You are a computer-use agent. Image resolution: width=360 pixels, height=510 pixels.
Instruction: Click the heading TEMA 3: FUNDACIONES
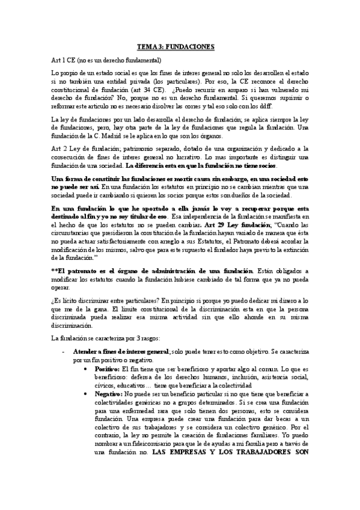[180, 46]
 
